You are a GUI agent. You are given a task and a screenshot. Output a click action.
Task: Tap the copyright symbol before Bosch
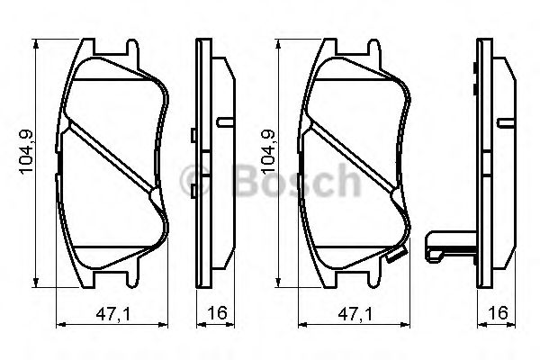click(196, 182)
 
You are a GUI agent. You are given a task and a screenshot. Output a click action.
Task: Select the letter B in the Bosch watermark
click(241, 182)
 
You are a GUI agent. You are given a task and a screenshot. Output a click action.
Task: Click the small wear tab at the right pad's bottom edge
click(394, 257)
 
